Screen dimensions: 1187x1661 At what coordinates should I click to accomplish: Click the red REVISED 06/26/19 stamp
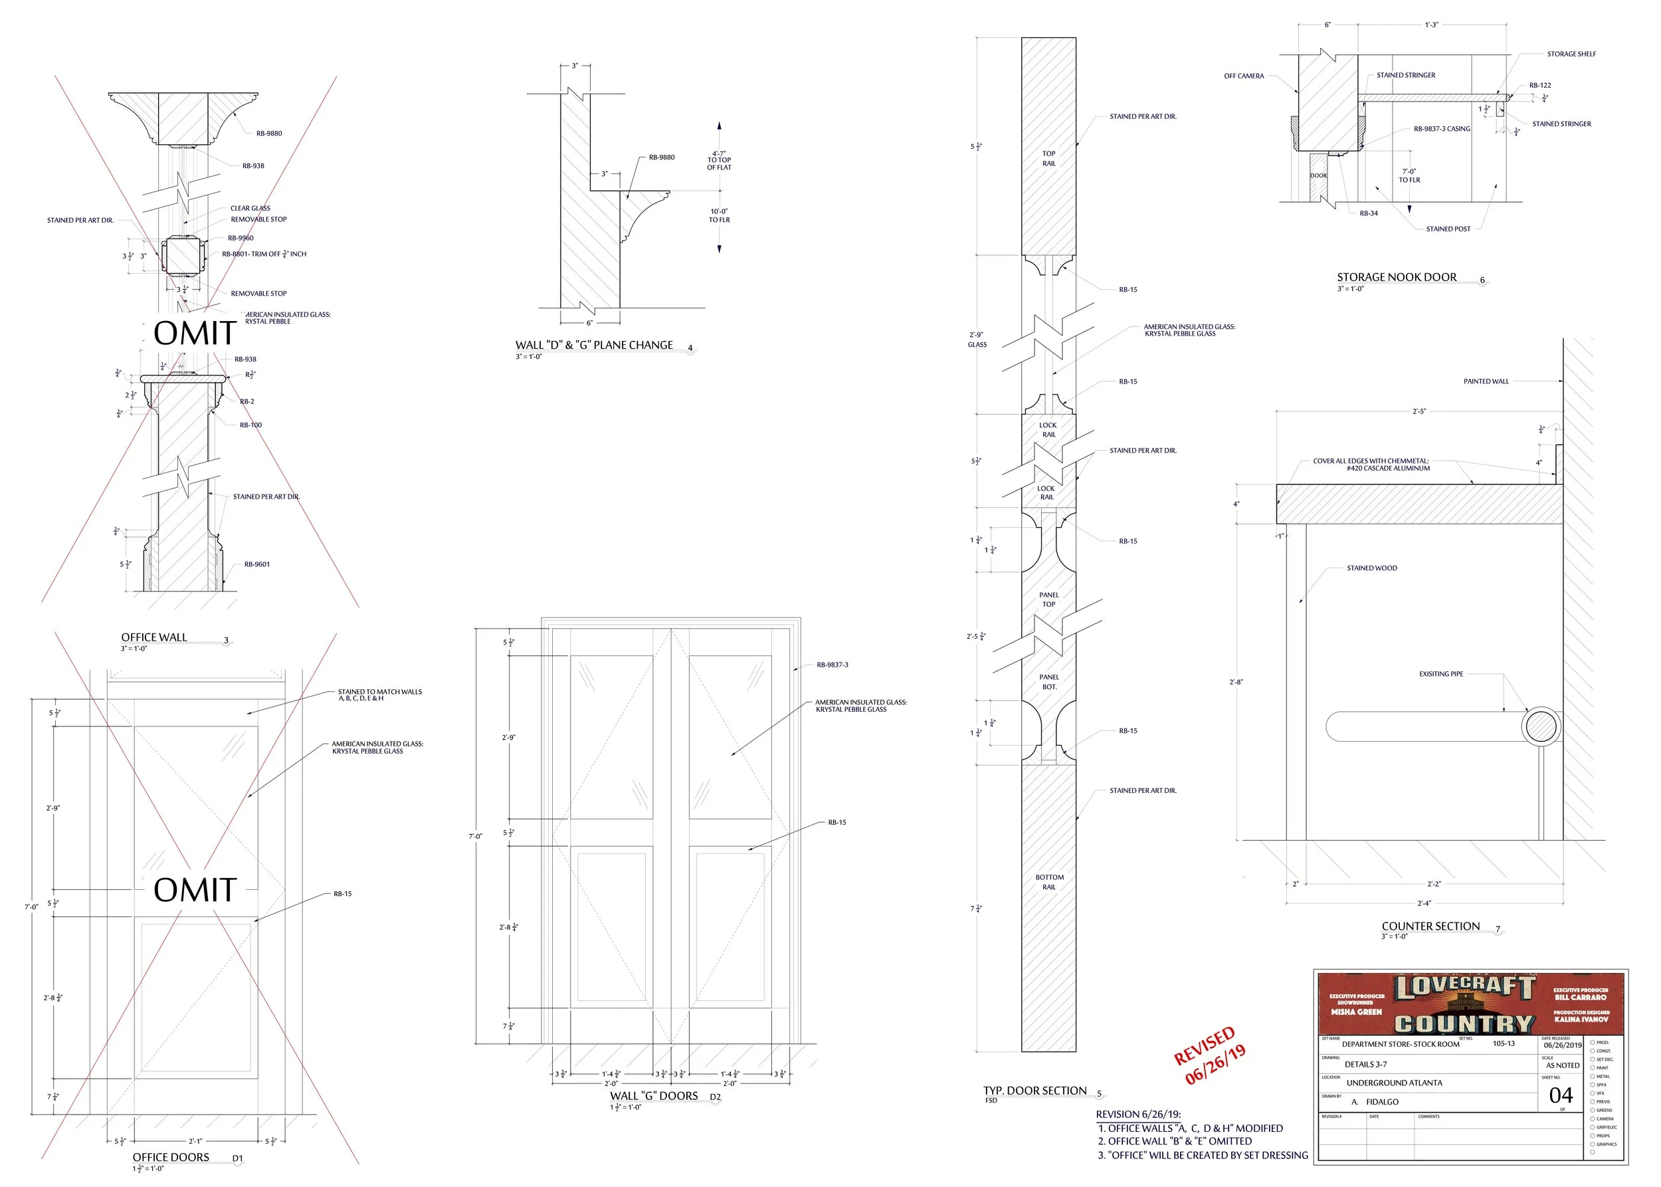point(1209,1055)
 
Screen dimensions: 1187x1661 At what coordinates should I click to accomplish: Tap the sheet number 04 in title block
point(1560,1095)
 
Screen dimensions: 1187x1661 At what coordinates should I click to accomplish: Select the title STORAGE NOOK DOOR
point(1396,277)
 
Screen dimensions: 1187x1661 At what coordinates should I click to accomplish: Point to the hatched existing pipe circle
point(1541,726)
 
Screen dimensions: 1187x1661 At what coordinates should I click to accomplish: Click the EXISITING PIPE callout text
point(1440,674)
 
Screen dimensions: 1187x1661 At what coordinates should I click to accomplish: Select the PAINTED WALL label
point(1486,381)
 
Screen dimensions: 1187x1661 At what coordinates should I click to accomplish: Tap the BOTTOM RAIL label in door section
point(1048,881)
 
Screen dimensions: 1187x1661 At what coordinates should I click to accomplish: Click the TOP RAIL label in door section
point(1048,159)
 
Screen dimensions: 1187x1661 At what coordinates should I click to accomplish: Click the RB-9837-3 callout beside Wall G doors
point(832,665)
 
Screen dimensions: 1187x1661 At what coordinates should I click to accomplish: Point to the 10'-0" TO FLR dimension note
point(719,215)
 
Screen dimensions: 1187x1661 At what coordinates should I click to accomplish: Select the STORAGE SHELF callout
point(1571,54)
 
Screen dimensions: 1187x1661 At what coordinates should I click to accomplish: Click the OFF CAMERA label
point(1243,76)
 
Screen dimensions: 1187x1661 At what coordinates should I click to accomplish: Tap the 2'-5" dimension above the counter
point(1418,411)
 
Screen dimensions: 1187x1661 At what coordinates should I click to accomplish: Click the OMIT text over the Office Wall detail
point(195,333)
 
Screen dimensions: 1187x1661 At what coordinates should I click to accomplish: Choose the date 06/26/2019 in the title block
point(1563,1045)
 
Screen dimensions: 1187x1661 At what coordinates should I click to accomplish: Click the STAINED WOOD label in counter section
point(1371,568)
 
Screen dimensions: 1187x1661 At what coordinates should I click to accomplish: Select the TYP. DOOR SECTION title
point(1034,1091)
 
